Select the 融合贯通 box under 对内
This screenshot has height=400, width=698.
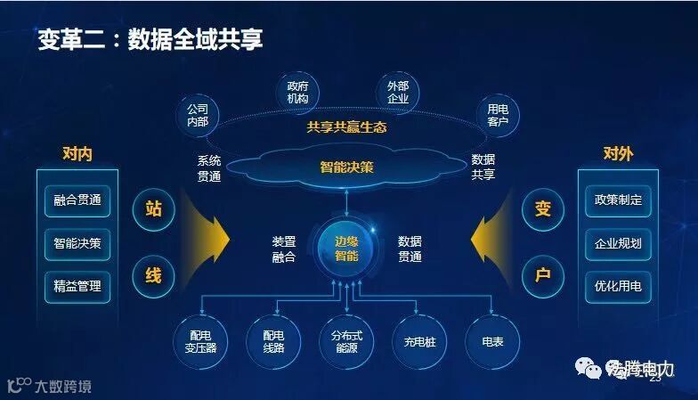[77, 200]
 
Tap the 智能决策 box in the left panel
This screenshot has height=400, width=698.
[77, 243]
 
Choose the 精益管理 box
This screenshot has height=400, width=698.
[77, 287]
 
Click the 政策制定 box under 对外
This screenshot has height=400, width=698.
[618, 200]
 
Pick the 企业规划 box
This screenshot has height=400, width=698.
[618, 243]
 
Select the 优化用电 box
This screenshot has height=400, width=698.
[618, 287]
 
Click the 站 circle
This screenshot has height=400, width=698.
[153, 209]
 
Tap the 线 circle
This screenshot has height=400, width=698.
[153, 273]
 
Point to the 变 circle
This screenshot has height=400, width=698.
[543, 209]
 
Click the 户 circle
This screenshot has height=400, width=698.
[543, 273]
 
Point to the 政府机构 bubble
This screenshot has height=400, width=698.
[297, 92]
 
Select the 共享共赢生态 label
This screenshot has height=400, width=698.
[346, 127]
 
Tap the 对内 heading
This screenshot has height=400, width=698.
[77, 154]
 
